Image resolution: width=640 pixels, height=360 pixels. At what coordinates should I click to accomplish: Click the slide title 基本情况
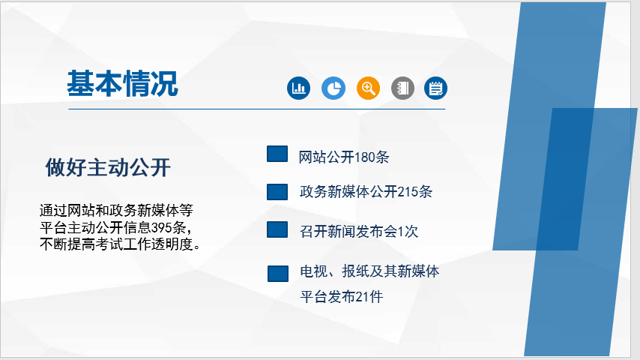point(122,84)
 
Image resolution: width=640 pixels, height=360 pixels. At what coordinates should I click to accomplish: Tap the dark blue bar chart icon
point(298,88)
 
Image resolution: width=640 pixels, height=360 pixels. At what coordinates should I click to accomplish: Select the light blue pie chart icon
point(333,88)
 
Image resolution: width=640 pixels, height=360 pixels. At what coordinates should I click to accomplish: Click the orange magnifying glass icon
point(368,88)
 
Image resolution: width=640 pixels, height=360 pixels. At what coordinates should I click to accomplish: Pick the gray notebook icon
point(403,88)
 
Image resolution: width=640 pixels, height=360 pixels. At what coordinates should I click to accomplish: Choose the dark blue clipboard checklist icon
point(435,88)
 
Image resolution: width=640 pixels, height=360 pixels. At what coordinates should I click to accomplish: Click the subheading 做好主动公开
point(108,167)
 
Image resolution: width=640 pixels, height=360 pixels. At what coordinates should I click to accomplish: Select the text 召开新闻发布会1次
point(359,231)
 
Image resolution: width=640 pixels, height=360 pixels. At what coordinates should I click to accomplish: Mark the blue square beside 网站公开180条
point(277,154)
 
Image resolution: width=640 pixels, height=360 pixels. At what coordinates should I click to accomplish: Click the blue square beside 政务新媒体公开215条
point(277,192)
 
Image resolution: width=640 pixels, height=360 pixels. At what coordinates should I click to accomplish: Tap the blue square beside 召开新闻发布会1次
point(277,229)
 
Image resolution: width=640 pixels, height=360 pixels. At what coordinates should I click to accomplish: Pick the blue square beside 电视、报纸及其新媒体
point(278,274)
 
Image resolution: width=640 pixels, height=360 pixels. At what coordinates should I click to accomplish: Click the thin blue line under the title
point(257,109)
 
